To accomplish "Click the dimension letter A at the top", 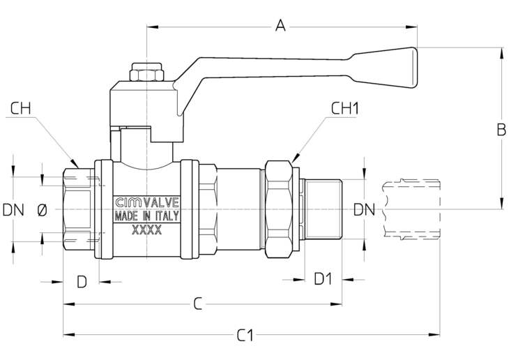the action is pos(280,26).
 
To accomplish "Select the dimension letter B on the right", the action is pos(501,130).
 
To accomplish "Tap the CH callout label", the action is pos(21,109).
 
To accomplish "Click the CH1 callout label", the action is pos(344,109).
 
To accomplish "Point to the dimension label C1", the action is pos(245,336).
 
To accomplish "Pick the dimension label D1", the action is pos(323,279).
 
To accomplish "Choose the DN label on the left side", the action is pos(13,210).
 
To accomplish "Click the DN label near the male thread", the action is pos(364,209).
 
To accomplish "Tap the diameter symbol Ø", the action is pos(43,210).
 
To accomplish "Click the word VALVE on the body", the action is pos(161,203).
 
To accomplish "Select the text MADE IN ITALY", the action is pos(146,216).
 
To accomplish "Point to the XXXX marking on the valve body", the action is pos(146,230).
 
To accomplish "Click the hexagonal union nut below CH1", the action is pos(279,209).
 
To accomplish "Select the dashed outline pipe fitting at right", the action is pos(411,209).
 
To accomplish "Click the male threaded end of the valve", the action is pos(323,209).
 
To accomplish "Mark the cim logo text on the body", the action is pos(128,203).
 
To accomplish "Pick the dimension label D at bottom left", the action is pos(82,282).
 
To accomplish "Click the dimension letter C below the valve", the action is pos(198,304).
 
